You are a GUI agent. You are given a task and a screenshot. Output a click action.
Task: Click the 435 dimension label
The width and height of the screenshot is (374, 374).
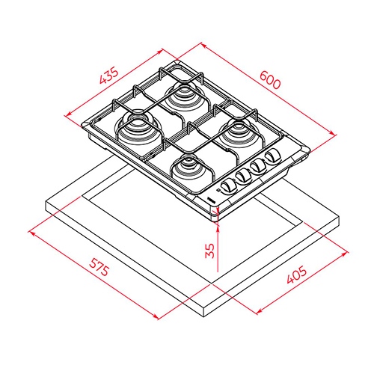click(108, 76)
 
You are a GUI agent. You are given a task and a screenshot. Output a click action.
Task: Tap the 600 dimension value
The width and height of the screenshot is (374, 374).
click(270, 80)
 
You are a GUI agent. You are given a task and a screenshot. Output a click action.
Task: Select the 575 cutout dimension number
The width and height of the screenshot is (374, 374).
click(99, 267)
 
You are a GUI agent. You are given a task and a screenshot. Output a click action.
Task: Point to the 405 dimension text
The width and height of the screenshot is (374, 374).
click(296, 275)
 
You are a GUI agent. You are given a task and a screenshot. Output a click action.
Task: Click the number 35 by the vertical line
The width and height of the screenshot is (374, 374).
click(209, 251)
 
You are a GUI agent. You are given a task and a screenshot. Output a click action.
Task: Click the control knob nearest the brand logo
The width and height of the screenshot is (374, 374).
click(228, 187)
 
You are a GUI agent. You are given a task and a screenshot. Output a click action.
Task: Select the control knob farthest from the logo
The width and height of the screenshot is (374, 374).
click(272, 156)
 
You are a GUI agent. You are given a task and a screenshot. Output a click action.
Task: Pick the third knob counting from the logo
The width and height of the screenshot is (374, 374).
click(258, 165)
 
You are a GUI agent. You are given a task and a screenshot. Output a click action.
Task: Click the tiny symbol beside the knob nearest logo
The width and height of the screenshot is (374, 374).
click(218, 191)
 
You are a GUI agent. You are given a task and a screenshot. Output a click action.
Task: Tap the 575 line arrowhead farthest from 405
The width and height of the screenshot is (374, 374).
click(32, 233)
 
